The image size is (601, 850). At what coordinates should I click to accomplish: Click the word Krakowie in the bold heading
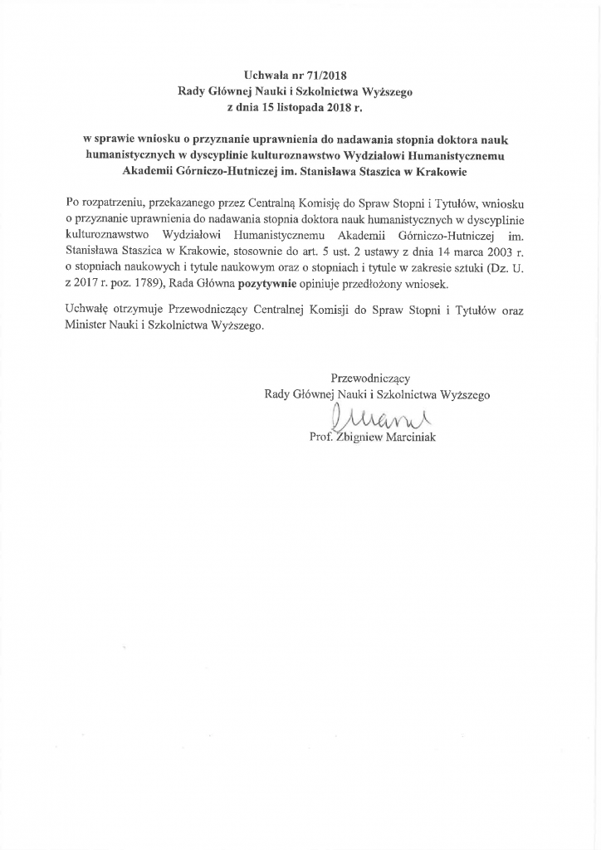point(442,172)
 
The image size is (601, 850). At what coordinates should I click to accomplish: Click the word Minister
point(86,326)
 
